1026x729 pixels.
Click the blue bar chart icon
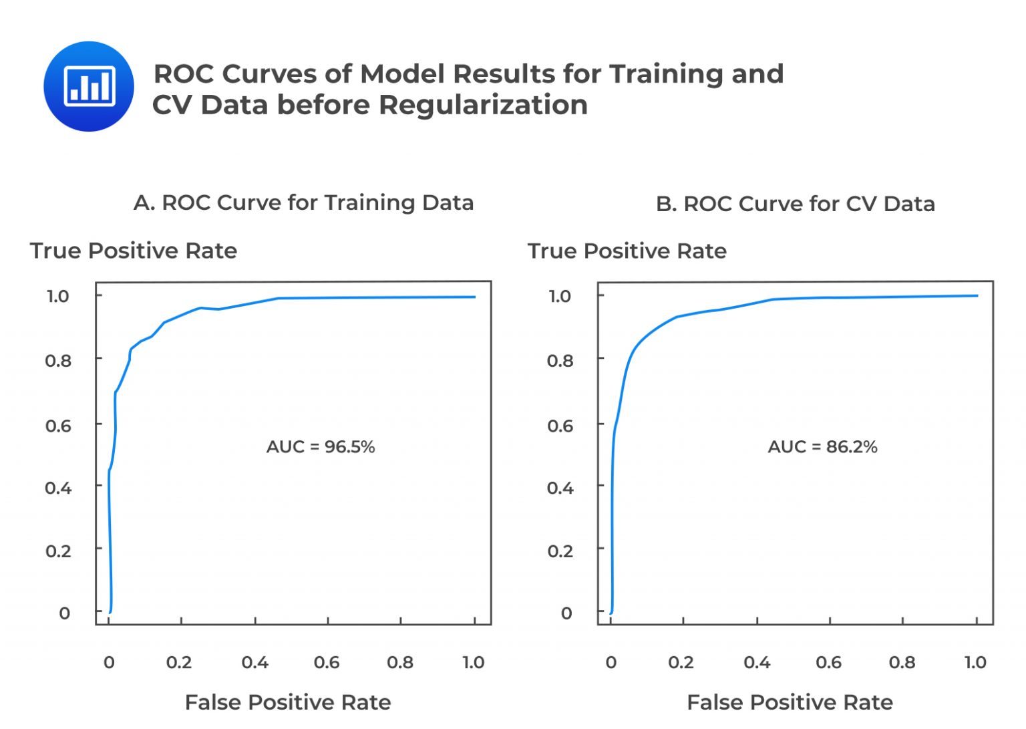[x=89, y=86]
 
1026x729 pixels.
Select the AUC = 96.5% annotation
[x=321, y=446]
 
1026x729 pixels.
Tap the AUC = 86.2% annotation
[x=822, y=446]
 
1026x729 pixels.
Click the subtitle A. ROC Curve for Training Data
[x=303, y=202]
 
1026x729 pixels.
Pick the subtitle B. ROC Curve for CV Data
[x=795, y=204]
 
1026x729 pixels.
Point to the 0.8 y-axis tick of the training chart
[x=58, y=361]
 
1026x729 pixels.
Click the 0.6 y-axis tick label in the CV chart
[x=560, y=426]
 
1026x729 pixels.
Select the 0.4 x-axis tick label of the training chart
[x=254, y=662]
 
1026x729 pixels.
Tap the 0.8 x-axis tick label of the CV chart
[x=902, y=662]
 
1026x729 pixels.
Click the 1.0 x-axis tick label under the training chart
[x=473, y=662]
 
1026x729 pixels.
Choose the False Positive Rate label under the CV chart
[x=790, y=702]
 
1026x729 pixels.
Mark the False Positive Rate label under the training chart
[x=288, y=702]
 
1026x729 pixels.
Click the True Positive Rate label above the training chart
[x=134, y=251]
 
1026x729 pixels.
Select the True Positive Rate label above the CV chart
[x=627, y=251]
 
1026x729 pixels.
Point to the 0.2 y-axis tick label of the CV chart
[x=560, y=551]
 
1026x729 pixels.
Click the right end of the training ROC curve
[x=474, y=297]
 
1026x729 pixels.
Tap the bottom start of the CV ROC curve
[x=611, y=612]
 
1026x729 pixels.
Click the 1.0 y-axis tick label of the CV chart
[x=560, y=296]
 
